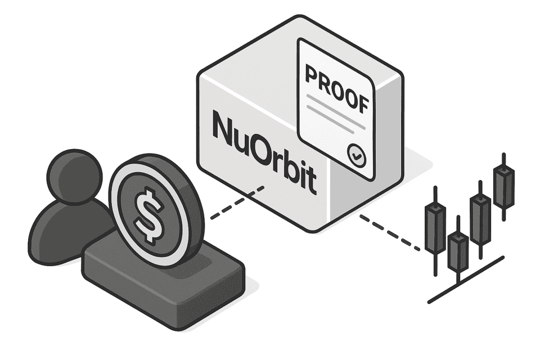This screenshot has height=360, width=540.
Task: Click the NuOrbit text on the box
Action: [x=264, y=152]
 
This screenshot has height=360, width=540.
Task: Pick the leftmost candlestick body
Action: [x=435, y=228]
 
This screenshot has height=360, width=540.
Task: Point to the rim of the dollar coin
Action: [x=120, y=186]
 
